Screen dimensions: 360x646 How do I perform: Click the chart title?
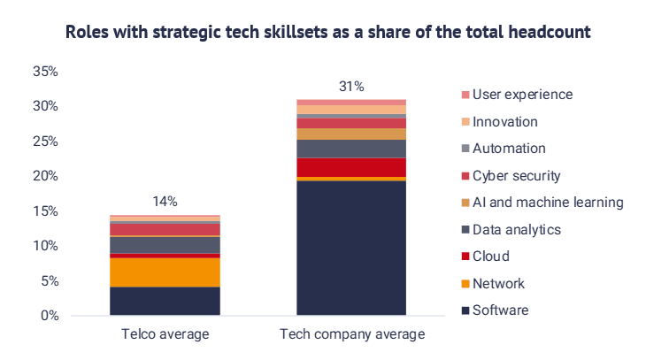[x=327, y=32]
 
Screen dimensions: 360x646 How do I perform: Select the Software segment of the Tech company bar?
[x=351, y=248]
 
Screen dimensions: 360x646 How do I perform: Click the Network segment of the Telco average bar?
[x=165, y=272]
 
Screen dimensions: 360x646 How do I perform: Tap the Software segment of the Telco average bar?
[x=165, y=301]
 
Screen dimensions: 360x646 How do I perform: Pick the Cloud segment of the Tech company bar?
[x=351, y=167]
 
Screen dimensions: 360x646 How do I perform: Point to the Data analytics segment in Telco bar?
[x=165, y=244]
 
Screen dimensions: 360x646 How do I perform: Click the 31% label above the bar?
[x=351, y=87]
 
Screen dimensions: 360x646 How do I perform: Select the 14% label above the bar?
[x=165, y=202]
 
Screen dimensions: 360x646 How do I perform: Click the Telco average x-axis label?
[x=165, y=334]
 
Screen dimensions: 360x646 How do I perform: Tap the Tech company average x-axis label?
[x=352, y=334]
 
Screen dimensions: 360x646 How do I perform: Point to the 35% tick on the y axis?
[x=44, y=72]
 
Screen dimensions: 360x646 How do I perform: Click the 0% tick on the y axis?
[x=48, y=316]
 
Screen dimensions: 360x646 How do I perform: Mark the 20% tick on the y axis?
[x=44, y=176]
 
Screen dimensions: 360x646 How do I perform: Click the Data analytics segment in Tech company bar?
[x=351, y=149]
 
